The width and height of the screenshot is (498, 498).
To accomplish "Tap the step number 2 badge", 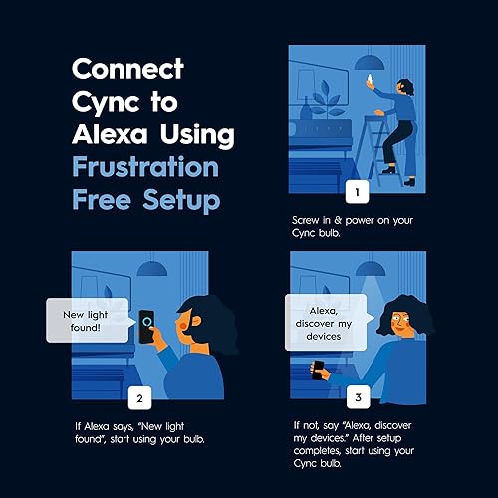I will pyautogui.click(x=138, y=398).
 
